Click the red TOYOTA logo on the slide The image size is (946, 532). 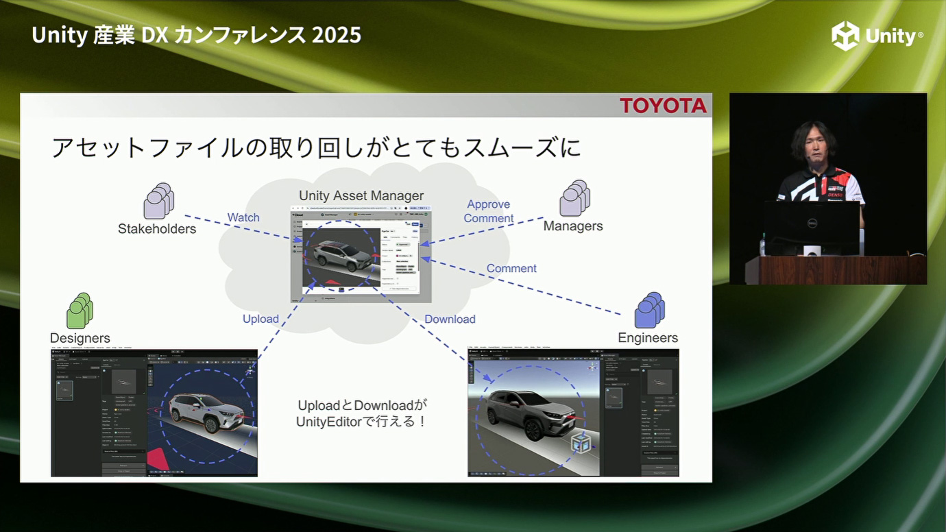coord(663,106)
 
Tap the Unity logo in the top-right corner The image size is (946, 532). coord(877,36)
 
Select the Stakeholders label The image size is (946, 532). coord(157,229)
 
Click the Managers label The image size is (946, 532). coord(573,226)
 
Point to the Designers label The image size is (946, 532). coord(80,338)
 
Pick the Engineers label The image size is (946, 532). coord(648,338)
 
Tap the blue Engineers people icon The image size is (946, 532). coord(648,310)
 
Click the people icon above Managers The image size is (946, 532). coord(574,198)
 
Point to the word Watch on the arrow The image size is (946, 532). coord(243,217)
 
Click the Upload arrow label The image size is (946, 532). coord(260,319)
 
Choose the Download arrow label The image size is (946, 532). coord(450,319)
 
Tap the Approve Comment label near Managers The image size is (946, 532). coord(489,211)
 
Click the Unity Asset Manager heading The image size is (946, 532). coord(361,196)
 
